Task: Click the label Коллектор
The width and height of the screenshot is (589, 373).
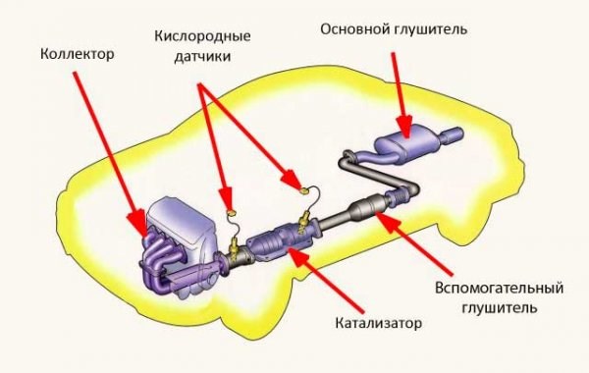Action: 78,55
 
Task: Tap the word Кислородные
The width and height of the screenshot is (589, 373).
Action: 202,35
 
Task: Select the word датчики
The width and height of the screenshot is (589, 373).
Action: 202,57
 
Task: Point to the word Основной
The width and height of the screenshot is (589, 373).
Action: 351,29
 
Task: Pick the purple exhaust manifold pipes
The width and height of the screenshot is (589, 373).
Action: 162,263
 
